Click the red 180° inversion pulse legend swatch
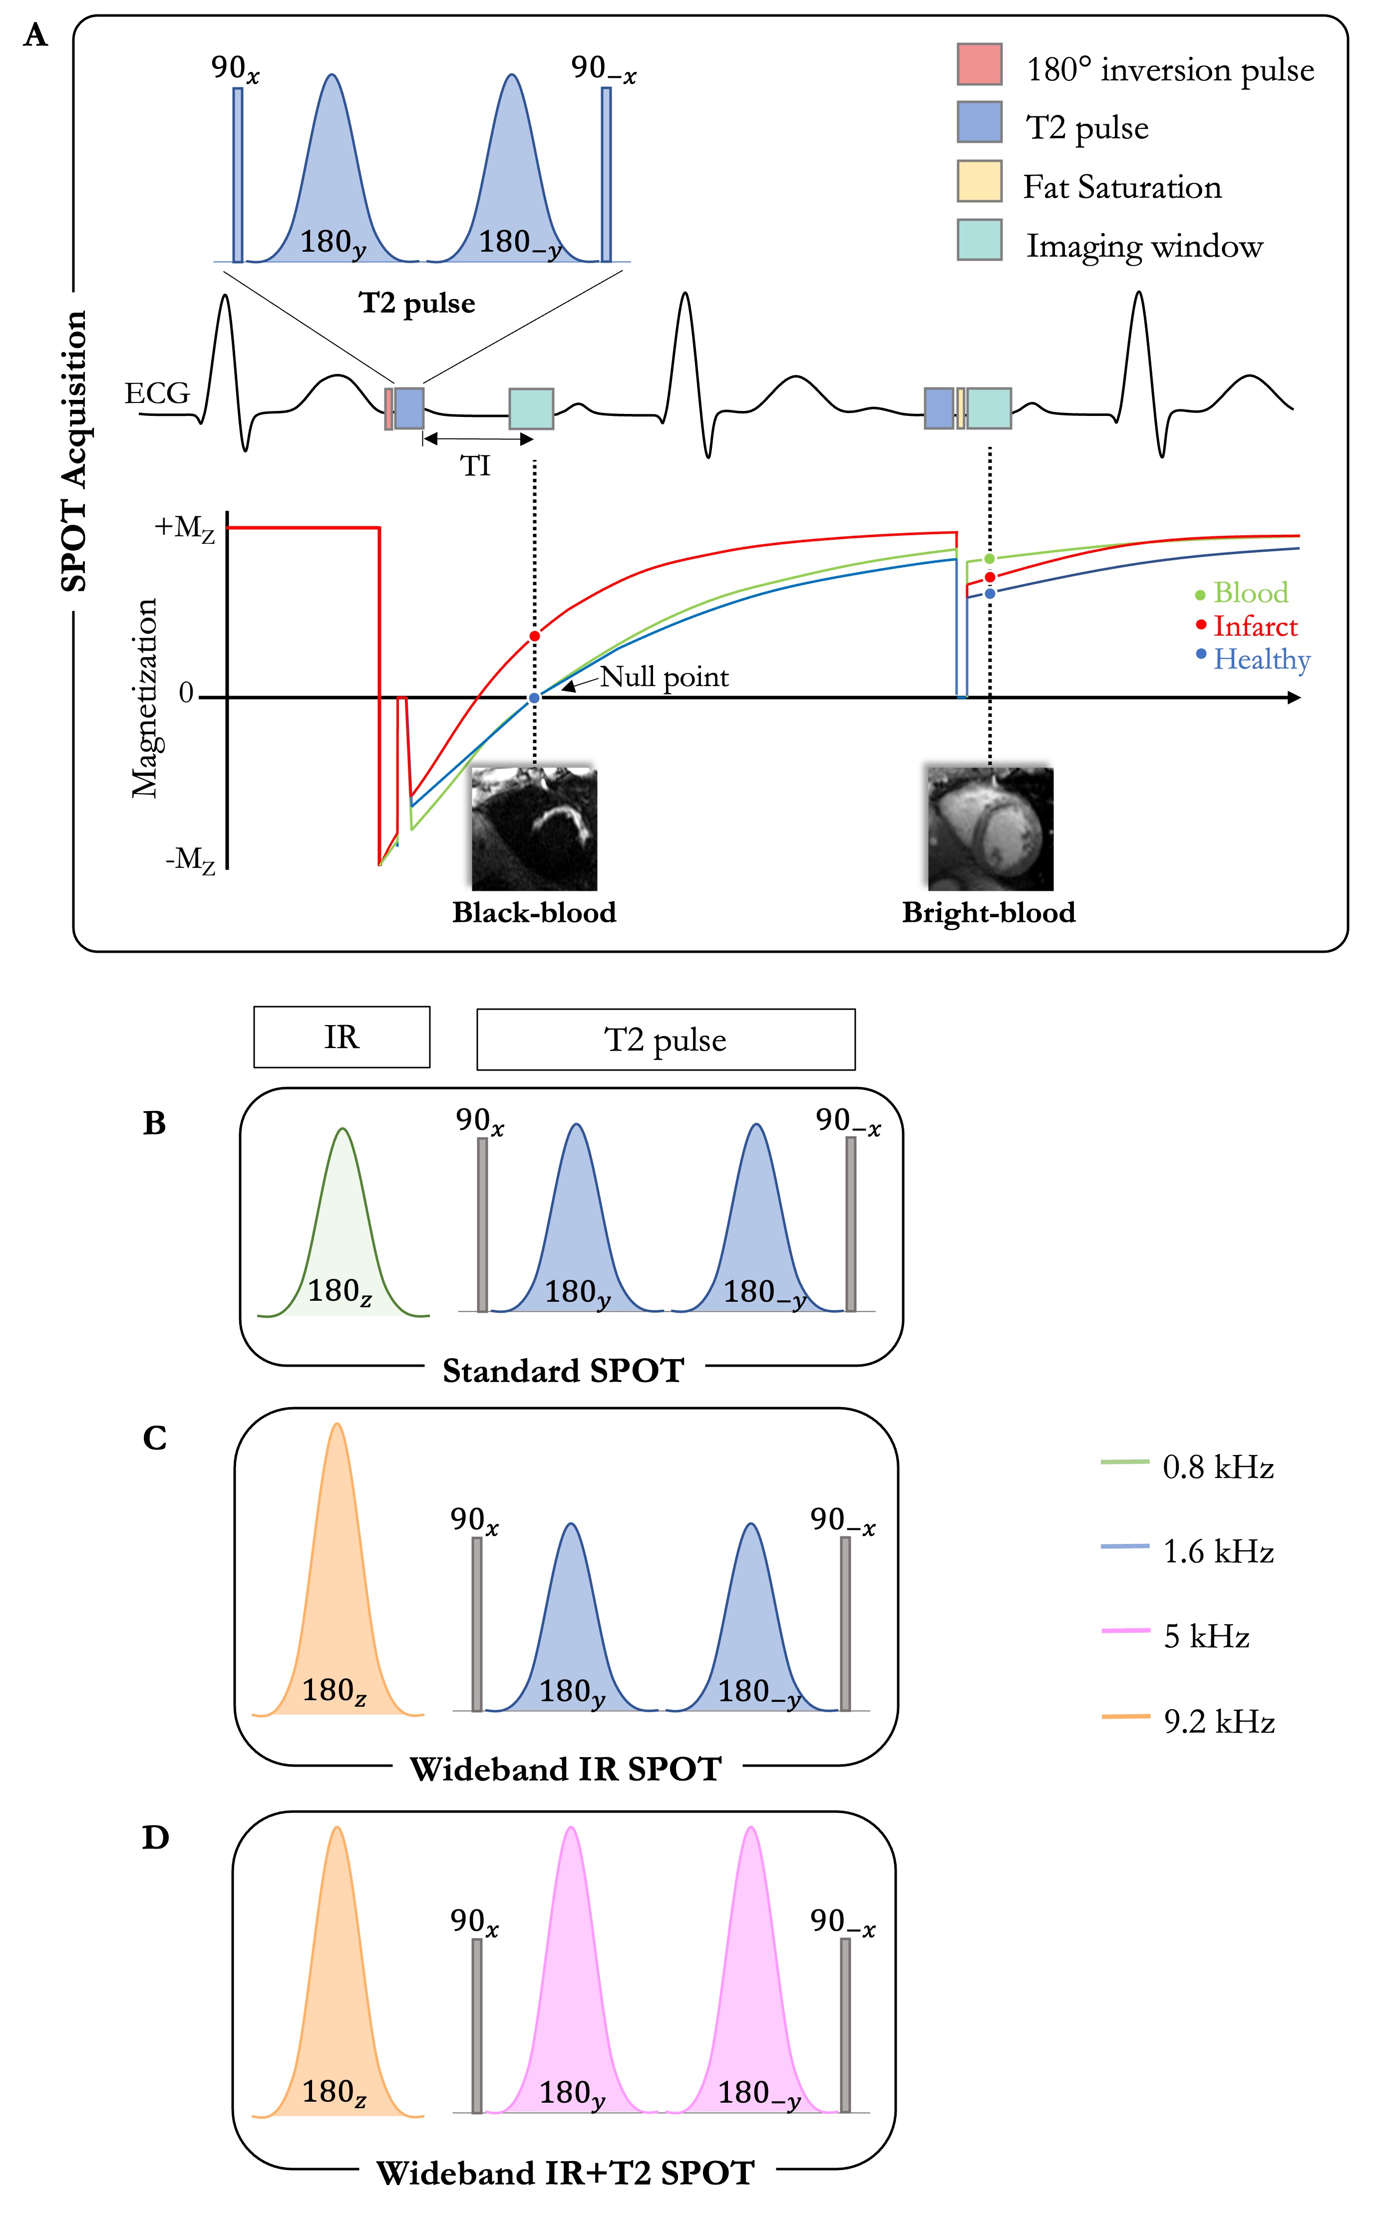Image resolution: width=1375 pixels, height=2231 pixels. tap(980, 64)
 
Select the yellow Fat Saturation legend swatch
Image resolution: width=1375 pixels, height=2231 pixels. tap(980, 181)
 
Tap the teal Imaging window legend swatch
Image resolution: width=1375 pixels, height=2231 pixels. tap(980, 240)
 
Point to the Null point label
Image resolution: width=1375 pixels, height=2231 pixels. tap(664, 678)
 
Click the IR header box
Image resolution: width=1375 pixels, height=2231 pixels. tap(342, 1037)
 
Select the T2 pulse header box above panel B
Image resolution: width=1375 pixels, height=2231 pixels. tap(666, 1040)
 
